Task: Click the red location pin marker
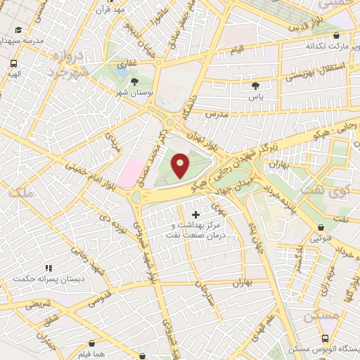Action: click(x=181, y=166)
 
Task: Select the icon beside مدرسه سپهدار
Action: click(x=18, y=30)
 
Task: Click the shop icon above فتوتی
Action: click(x=321, y=227)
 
